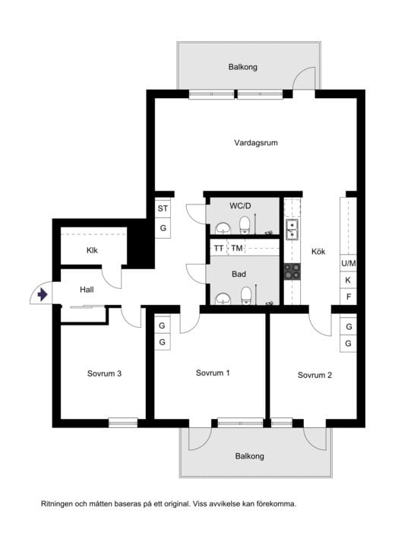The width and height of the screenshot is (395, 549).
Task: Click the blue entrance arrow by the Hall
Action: point(43,294)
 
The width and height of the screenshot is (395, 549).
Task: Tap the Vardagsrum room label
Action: point(256,143)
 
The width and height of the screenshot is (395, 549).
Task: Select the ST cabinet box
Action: point(163,208)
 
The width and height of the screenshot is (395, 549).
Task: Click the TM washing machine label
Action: point(237,248)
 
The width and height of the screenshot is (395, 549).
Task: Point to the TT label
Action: point(219,248)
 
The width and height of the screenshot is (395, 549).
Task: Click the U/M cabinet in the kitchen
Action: point(349,263)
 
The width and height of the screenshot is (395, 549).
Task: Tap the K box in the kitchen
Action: point(348,280)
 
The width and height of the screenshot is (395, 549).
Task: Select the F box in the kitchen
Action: point(349,297)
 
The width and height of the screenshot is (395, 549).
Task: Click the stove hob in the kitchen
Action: point(292,271)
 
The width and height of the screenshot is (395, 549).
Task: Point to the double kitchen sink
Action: point(292,230)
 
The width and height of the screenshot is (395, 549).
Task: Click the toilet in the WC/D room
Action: point(245,225)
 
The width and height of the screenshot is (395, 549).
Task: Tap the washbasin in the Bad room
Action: point(223,300)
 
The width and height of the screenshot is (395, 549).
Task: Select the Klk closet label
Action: point(92,250)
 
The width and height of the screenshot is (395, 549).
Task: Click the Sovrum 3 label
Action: point(104,373)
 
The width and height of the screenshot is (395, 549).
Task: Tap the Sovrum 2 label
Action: point(314,375)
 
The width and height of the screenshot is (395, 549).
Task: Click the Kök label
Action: point(318,252)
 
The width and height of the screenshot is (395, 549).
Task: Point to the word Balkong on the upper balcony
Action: point(243,67)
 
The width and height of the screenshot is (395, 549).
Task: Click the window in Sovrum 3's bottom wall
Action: point(123,423)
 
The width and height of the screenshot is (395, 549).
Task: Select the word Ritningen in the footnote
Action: point(57,504)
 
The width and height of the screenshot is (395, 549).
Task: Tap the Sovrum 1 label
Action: point(213,373)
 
